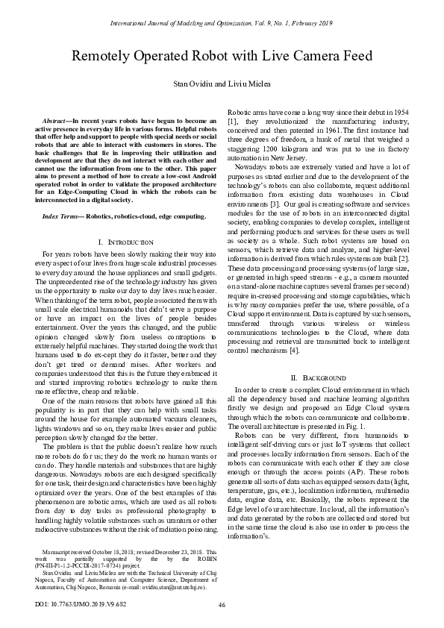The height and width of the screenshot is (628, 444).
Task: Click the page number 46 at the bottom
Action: [222, 603]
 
